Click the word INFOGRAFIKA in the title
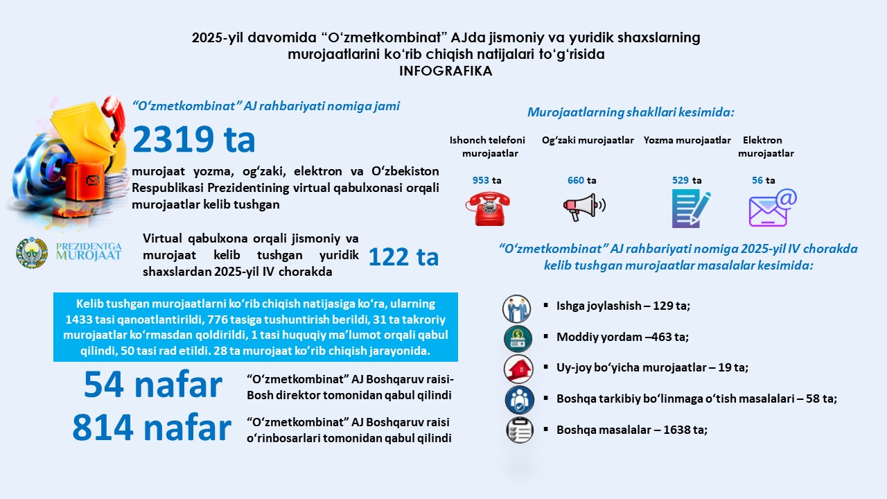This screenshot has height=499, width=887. pyautogui.click(x=446, y=71)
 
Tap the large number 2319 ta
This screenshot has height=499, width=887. pyautogui.click(x=194, y=139)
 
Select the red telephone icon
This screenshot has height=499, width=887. pyautogui.click(x=488, y=209)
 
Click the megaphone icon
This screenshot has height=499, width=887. pyautogui.click(x=583, y=207)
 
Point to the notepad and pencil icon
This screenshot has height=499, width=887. pyautogui.click(x=690, y=209)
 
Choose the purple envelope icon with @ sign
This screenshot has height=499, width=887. pyautogui.click(x=772, y=208)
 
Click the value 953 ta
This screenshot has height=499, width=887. pyautogui.click(x=486, y=180)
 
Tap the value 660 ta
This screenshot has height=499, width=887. pyautogui.click(x=581, y=180)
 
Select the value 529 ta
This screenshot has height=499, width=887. pyautogui.click(x=687, y=180)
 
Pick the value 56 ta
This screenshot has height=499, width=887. pyautogui.click(x=764, y=180)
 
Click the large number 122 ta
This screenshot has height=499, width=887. pyautogui.click(x=403, y=257)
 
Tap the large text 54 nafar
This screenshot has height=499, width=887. pyautogui.click(x=153, y=386)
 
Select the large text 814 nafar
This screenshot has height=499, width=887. pyautogui.click(x=152, y=429)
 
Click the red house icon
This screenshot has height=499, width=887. pyautogui.click(x=518, y=368)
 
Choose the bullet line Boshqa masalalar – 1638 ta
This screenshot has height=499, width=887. pyautogui.click(x=631, y=430)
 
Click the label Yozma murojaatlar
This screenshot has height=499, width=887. pyautogui.click(x=687, y=140)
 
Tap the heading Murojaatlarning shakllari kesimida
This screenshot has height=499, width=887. pyautogui.click(x=631, y=112)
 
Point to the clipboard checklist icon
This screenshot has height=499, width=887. pyautogui.click(x=519, y=430)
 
